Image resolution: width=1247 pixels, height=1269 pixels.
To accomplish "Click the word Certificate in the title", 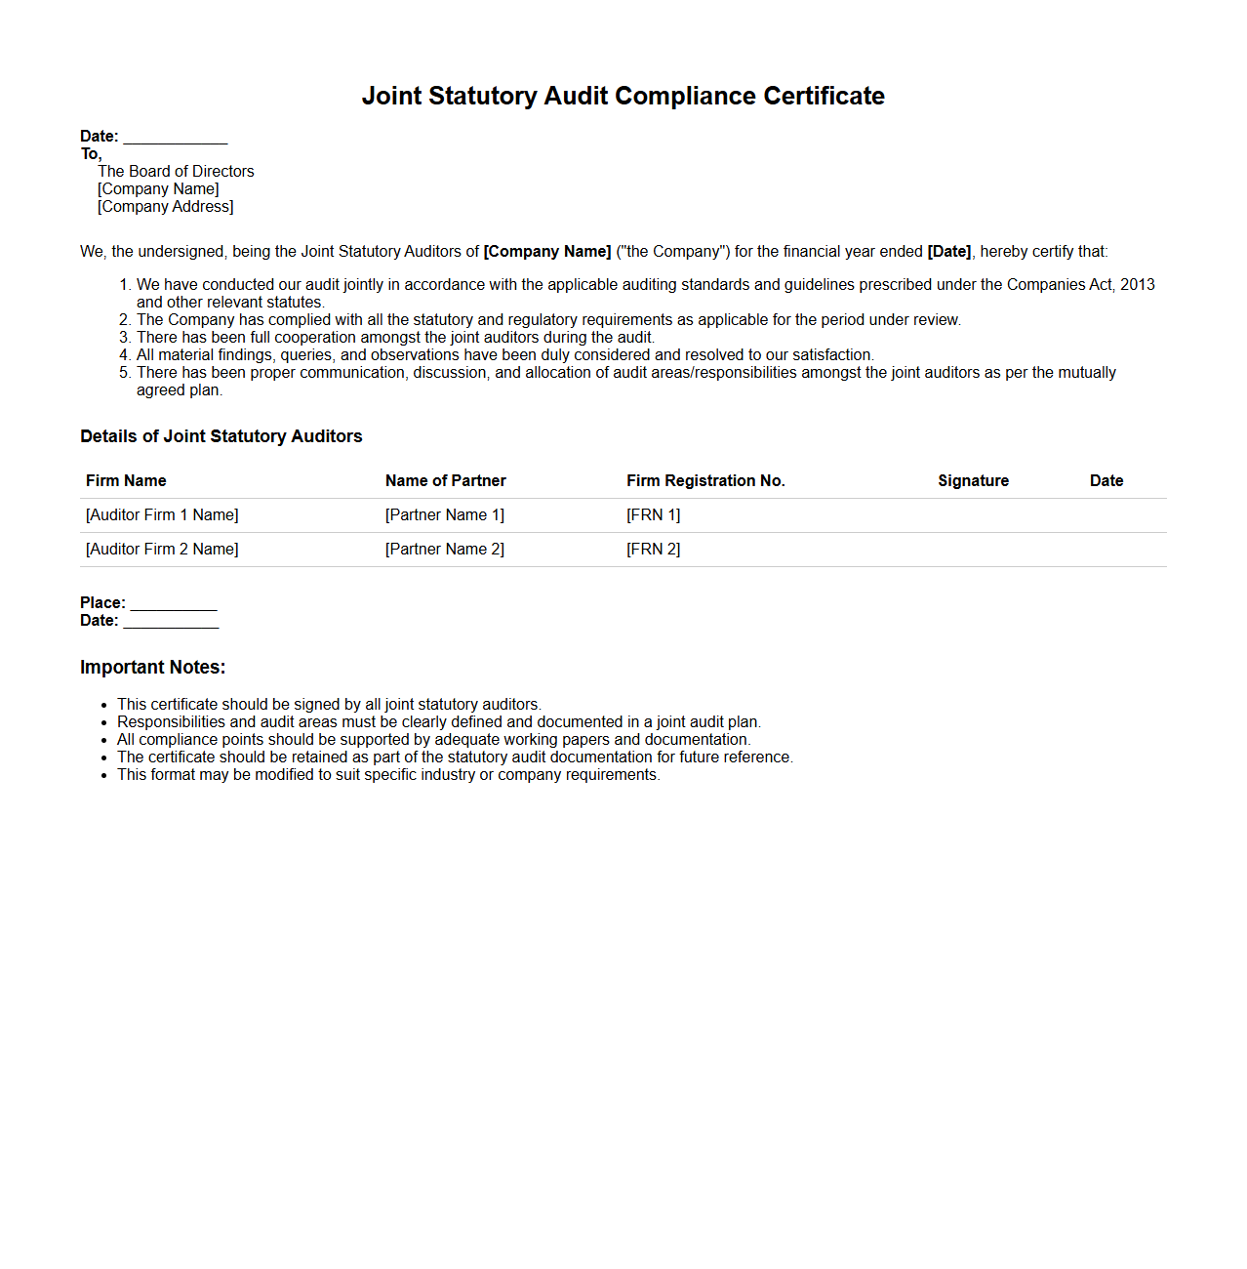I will click(x=824, y=96).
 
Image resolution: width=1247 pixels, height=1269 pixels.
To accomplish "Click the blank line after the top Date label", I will click(x=176, y=138).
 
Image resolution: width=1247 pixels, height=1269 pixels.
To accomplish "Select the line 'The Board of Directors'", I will click(x=176, y=172).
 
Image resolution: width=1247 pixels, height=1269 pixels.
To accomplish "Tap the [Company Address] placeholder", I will click(x=166, y=207).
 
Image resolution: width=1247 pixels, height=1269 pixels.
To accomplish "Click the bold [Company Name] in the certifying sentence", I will click(x=547, y=252).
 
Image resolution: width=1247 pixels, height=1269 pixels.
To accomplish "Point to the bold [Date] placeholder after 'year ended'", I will click(x=948, y=252).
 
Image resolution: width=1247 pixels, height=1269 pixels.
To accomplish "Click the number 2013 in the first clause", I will click(x=1137, y=285).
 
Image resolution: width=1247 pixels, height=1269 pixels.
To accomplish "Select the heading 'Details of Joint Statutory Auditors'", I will click(x=221, y=436).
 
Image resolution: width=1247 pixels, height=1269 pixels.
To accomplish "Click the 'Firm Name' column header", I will click(x=126, y=481).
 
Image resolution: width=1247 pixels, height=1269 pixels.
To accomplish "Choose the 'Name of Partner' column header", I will click(x=446, y=481).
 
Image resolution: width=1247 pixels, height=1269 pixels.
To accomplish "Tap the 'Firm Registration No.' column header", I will click(x=705, y=481).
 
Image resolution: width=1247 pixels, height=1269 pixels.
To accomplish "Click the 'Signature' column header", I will click(x=973, y=481).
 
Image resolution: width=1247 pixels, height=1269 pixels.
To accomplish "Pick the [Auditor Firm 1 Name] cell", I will click(x=162, y=515).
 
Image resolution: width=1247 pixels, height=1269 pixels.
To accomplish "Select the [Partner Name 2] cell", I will click(x=445, y=550).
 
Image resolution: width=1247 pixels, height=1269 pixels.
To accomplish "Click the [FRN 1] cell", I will click(x=654, y=515).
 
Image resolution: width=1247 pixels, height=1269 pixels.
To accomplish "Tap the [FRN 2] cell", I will click(x=654, y=550).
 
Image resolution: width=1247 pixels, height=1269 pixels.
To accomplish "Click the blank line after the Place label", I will click(x=174, y=604).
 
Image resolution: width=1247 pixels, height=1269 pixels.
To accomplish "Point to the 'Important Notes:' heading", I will click(x=152, y=668).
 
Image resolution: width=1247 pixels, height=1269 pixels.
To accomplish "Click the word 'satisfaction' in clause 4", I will click(x=831, y=355).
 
